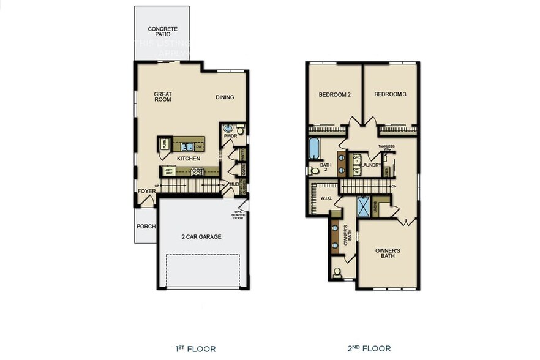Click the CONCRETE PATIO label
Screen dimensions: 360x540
click(x=162, y=32)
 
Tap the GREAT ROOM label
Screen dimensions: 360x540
click(x=163, y=97)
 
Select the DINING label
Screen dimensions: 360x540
click(x=225, y=97)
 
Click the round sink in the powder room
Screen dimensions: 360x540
click(x=228, y=129)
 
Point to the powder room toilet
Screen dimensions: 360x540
click(x=241, y=130)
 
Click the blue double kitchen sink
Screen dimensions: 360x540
click(x=187, y=146)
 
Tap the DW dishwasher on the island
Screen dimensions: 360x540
click(x=198, y=146)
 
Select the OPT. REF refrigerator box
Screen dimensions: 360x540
click(x=170, y=171)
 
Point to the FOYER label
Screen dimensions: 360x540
click(x=146, y=191)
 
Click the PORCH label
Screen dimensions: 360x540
click(x=146, y=227)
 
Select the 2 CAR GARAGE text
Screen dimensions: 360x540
click(x=201, y=237)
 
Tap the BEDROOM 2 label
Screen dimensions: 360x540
click(x=334, y=95)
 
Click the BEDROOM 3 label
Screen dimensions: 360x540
click(x=390, y=95)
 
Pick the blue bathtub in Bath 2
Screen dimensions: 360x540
click(x=313, y=148)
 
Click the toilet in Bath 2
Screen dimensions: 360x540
click(x=313, y=171)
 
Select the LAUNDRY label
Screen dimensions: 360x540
click(x=371, y=165)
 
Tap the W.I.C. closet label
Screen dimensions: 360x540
click(x=326, y=198)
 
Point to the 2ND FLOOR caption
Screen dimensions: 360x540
click(x=369, y=349)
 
